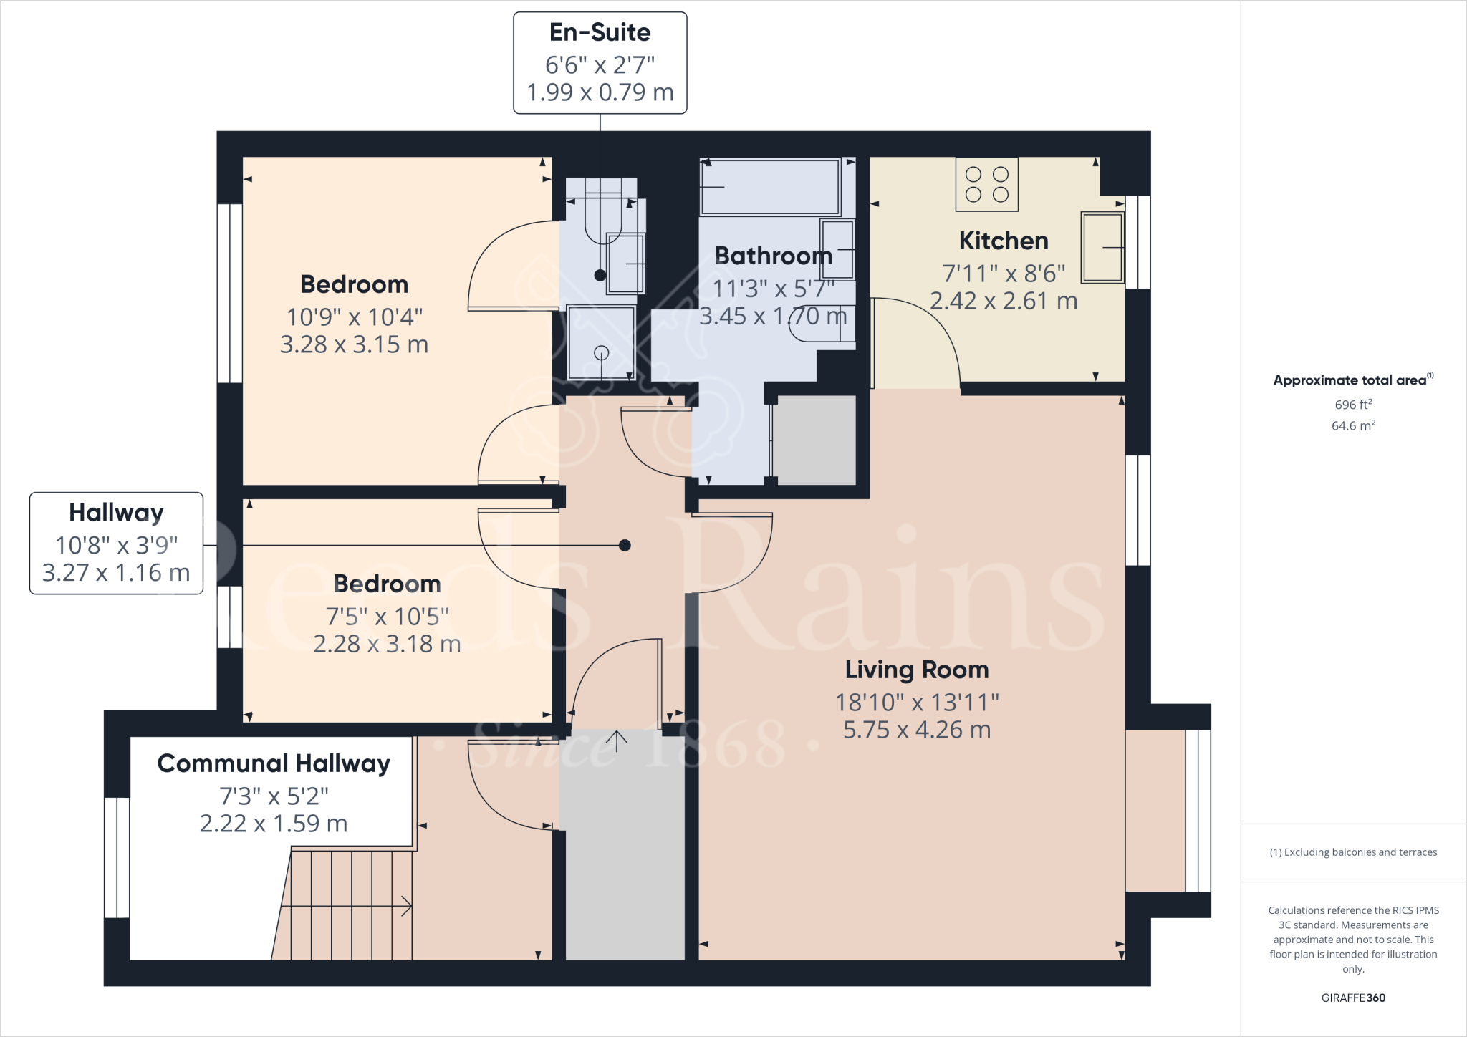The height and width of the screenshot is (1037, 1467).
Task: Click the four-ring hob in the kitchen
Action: click(x=986, y=184)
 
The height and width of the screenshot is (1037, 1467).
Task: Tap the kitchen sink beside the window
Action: click(x=1102, y=247)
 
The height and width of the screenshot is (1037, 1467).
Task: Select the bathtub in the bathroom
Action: click(x=770, y=186)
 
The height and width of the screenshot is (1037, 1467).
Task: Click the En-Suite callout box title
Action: click(x=600, y=32)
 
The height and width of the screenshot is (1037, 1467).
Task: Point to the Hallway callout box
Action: click(x=116, y=543)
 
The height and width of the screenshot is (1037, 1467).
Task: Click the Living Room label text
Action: click(x=916, y=670)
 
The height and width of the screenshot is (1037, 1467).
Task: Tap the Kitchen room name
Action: click(x=1003, y=241)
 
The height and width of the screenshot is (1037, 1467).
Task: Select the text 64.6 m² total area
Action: click(x=1352, y=425)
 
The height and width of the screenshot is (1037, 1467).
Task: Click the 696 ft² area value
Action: click(x=1352, y=405)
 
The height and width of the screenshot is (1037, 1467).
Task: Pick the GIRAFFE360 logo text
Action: click(x=1352, y=998)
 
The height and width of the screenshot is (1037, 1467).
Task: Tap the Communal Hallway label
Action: click(x=273, y=763)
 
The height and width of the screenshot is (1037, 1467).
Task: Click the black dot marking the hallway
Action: click(x=625, y=545)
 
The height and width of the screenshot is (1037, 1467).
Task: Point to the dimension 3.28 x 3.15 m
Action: click(x=354, y=344)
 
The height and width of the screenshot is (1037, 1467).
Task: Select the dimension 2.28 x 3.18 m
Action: click(x=387, y=644)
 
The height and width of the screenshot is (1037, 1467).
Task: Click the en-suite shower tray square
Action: click(x=601, y=342)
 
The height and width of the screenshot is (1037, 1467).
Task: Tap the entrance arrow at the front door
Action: click(x=617, y=740)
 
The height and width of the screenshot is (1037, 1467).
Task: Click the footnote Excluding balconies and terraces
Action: click(x=1352, y=852)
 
